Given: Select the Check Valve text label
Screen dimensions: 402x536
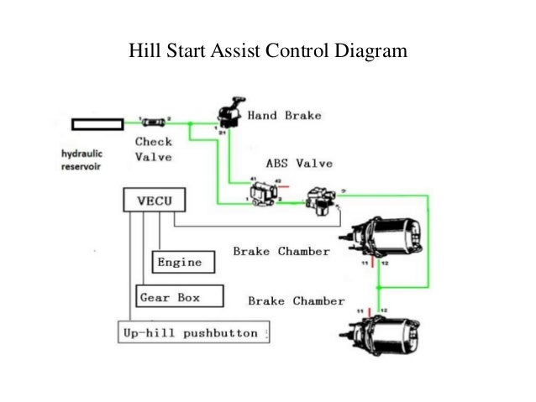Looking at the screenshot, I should click(154, 149).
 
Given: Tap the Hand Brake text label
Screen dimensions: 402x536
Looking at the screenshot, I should click(283, 116).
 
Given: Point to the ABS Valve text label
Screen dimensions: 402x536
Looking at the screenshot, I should click(299, 164).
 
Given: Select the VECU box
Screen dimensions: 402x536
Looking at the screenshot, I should click(150, 201).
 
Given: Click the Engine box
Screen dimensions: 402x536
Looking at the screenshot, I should click(180, 262).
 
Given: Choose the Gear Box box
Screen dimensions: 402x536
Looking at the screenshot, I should click(179, 297).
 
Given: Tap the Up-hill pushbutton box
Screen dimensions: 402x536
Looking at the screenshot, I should click(192, 333).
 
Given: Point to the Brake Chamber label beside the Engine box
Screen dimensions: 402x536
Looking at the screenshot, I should click(281, 251).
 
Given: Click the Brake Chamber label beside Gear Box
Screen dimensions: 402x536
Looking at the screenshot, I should click(297, 300).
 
